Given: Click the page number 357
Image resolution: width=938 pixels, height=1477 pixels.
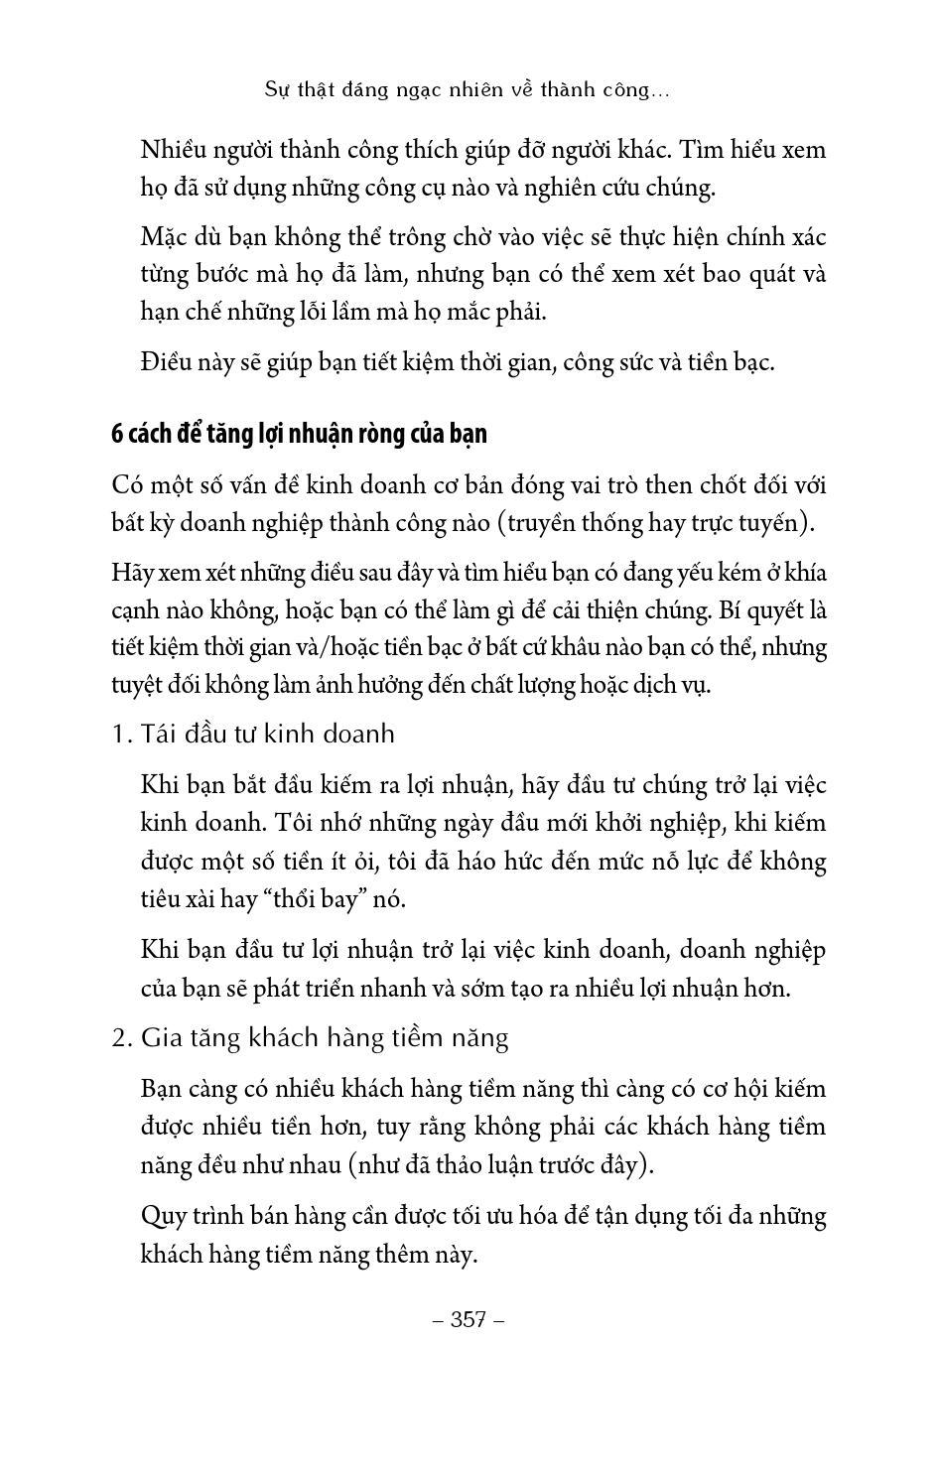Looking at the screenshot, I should click(469, 1319).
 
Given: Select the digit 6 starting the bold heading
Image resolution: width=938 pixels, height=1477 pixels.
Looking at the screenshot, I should click(117, 435).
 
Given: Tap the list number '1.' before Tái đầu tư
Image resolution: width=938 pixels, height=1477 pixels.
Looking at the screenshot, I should click(122, 735).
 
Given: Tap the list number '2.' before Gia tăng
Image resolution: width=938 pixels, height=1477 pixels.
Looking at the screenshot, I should click(122, 1038).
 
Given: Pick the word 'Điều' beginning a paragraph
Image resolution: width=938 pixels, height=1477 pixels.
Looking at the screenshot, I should click(172, 362).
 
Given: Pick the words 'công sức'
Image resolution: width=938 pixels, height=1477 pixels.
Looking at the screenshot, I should click(603, 362).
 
